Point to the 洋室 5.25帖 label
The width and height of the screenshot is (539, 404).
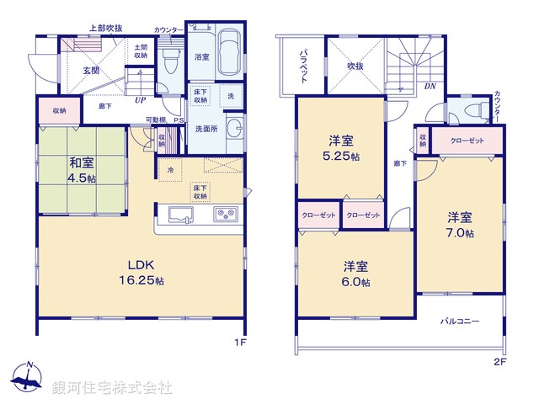click(x=340, y=148)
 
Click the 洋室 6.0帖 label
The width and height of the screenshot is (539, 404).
click(x=355, y=274)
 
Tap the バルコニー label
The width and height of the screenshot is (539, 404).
click(x=459, y=322)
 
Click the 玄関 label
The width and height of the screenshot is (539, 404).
click(x=91, y=69)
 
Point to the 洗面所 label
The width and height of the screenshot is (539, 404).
click(x=205, y=130)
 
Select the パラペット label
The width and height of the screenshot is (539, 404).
click(x=302, y=64)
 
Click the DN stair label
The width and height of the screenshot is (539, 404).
click(x=430, y=87)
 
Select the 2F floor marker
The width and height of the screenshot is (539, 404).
click(x=499, y=362)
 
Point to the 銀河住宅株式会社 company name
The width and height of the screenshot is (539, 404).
click(x=113, y=387)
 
